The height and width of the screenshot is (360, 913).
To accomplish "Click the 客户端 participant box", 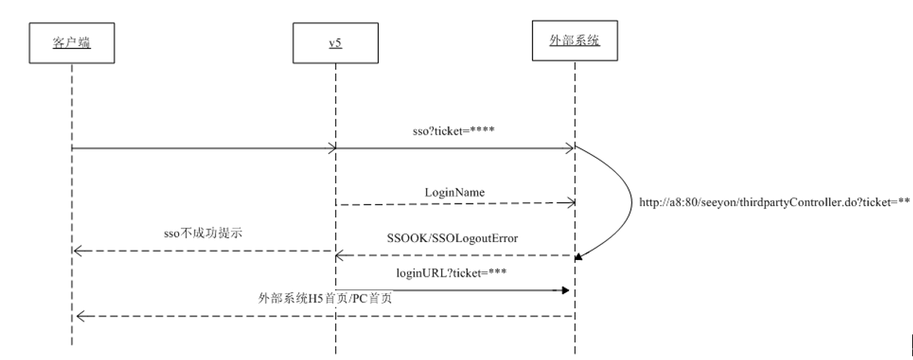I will click(x=71, y=44).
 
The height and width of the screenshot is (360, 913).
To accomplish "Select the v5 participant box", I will click(x=335, y=44).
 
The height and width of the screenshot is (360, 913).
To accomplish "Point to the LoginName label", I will click(x=455, y=192).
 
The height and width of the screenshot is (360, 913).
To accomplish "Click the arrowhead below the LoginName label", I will click(x=570, y=202).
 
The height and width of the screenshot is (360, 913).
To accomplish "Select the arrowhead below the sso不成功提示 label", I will click(x=77, y=250).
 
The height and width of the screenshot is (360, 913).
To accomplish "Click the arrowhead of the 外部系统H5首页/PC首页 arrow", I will click(x=77, y=316).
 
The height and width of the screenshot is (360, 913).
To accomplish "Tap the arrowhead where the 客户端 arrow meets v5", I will click(x=331, y=149).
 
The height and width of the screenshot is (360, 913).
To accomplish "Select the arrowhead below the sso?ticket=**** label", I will click(x=570, y=149).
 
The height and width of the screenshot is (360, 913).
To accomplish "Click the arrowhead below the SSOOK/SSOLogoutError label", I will click(x=340, y=256).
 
